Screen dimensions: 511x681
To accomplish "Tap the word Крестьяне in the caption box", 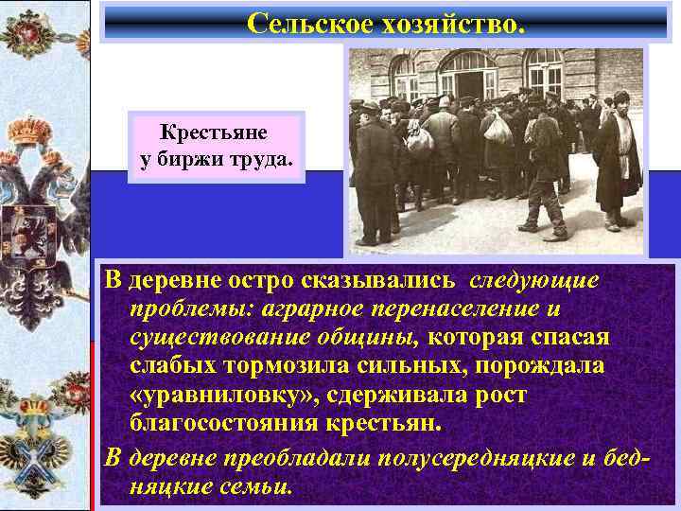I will pos(214,133).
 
